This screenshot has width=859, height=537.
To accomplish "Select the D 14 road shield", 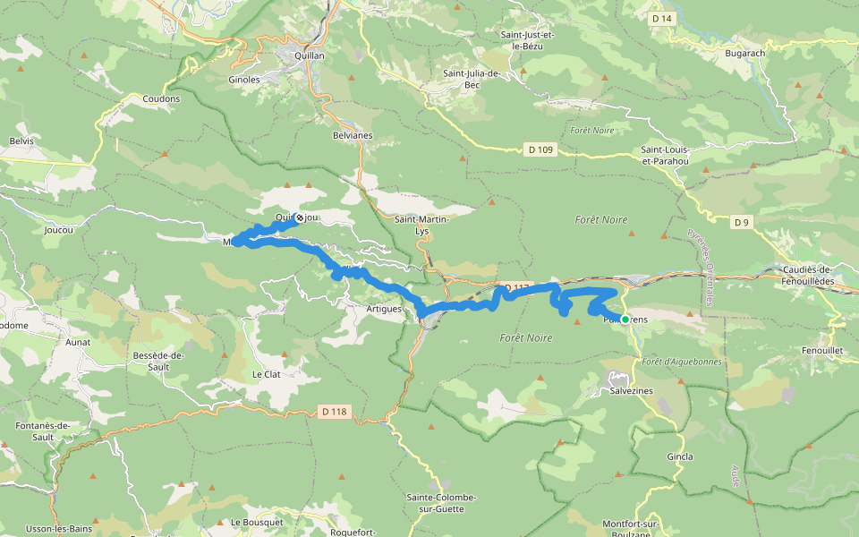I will [x=661, y=19].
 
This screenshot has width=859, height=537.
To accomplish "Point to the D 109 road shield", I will [x=540, y=149].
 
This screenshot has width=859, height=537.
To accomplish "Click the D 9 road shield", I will [x=740, y=222].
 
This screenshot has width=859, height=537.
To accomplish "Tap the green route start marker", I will [x=625, y=319].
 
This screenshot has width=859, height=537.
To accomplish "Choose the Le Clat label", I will [x=266, y=374].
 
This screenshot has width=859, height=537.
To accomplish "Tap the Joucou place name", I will [x=57, y=229].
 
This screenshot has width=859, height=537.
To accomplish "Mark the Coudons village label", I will [x=161, y=98].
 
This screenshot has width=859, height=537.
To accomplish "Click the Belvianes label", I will [x=351, y=135].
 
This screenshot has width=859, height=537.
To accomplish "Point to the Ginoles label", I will [x=243, y=80].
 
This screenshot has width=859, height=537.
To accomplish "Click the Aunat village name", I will [x=79, y=342].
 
